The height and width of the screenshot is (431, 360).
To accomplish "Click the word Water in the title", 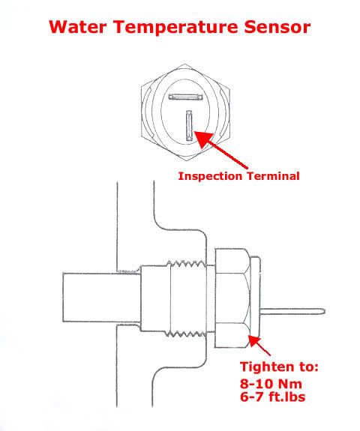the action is (78, 27).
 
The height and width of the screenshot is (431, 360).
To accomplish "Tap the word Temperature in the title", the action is (175, 27).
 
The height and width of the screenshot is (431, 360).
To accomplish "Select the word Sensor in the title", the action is (277, 27).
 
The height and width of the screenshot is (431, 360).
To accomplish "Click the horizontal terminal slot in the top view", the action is (185, 97).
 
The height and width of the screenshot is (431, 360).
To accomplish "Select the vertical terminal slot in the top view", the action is (189, 125).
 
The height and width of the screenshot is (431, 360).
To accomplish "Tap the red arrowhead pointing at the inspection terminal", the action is (204, 139).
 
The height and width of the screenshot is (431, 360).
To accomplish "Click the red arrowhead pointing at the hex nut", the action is (254, 341).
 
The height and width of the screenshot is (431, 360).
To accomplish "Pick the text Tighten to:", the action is (279, 367).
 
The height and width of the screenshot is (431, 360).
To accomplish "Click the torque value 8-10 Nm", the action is (271, 384).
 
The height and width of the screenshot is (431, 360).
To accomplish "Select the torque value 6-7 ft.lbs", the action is (272, 397).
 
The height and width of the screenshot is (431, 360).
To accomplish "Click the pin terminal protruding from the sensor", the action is (292, 312).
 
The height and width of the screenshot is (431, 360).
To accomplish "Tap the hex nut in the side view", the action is (232, 298).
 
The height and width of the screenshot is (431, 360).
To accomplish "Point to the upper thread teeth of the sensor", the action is (186, 265).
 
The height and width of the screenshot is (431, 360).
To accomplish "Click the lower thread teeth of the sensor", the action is (186, 334).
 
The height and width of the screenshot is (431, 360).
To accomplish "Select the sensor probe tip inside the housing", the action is (102, 298).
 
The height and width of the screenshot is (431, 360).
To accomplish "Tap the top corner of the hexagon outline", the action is (185, 64).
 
